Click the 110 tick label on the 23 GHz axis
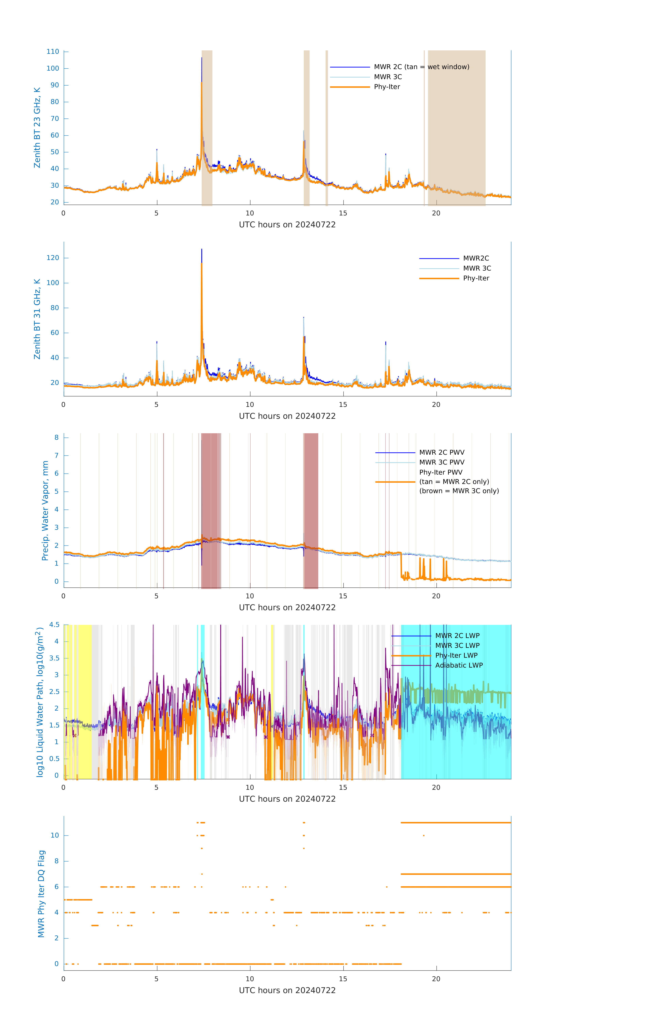pos(53,52)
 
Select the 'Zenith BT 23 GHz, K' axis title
pos(37,128)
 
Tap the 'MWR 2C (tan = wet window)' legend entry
pos(421,67)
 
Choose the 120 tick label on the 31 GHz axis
pos(53,258)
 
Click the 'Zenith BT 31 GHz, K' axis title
pos(37,319)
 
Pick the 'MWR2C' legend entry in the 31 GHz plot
pos(476,258)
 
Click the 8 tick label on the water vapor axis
pos(56,437)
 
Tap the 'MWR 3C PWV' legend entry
pos(441,462)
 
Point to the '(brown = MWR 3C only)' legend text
pos(459,491)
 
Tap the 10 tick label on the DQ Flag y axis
pos(55,835)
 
